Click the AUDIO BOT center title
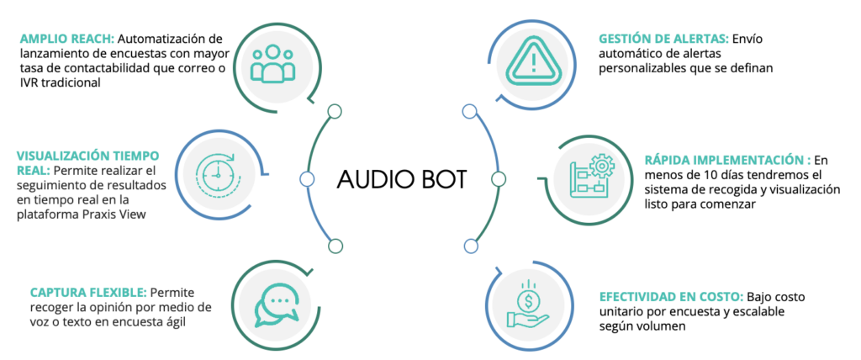click(401, 178)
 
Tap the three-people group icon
click(272, 64)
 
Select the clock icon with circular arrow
click(218, 173)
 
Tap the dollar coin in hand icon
click(527, 310)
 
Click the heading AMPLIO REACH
click(67, 40)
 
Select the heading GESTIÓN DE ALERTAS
click(663, 40)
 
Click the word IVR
click(28, 84)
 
